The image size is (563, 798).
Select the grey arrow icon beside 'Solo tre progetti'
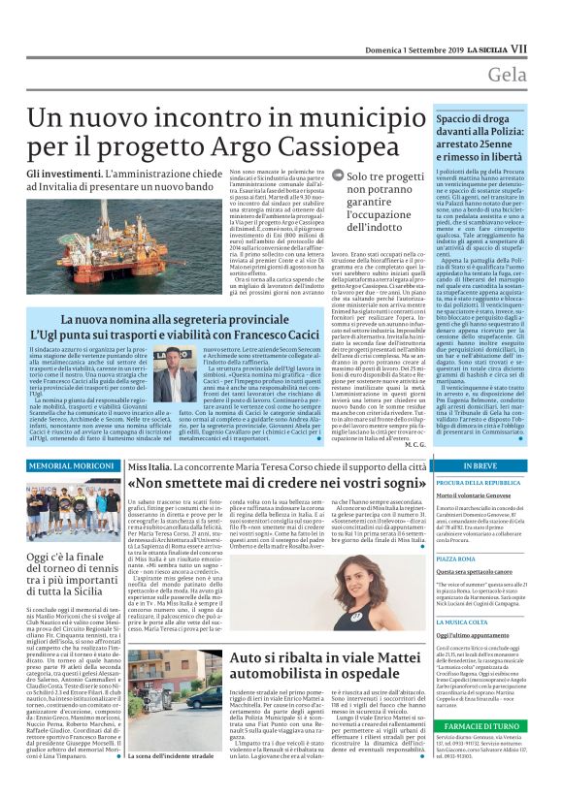[336, 177]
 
